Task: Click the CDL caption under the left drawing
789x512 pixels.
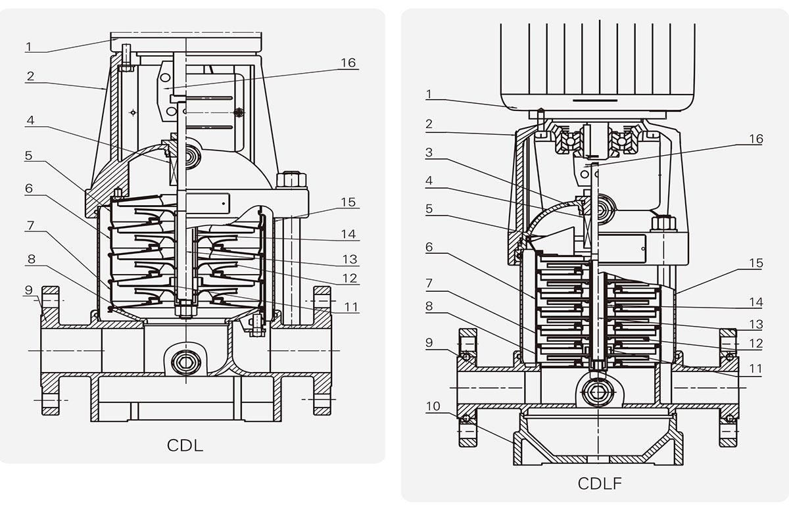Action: [x=185, y=445]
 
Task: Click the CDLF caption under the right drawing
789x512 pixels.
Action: [x=599, y=484]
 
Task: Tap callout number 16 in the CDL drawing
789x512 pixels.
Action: [x=348, y=63]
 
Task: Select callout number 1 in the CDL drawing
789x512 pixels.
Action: [x=29, y=46]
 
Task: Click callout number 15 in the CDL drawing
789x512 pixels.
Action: [x=348, y=202]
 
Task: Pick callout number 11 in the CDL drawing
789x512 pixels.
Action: [x=350, y=307]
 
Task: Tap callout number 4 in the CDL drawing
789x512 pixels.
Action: [x=29, y=121]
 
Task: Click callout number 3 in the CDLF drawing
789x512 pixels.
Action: [x=429, y=152]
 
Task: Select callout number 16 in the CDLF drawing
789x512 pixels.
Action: [x=755, y=139]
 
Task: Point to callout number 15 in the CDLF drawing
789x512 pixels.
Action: [x=755, y=263]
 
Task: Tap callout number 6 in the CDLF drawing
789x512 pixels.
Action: [x=429, y=247]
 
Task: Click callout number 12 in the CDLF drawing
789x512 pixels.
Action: [x=755, y=343]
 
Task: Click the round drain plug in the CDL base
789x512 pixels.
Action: [x=187, y=361]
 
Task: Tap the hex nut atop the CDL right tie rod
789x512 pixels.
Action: [x=291, y=179]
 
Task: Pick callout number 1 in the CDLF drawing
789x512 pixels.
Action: [x=429, y=95]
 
